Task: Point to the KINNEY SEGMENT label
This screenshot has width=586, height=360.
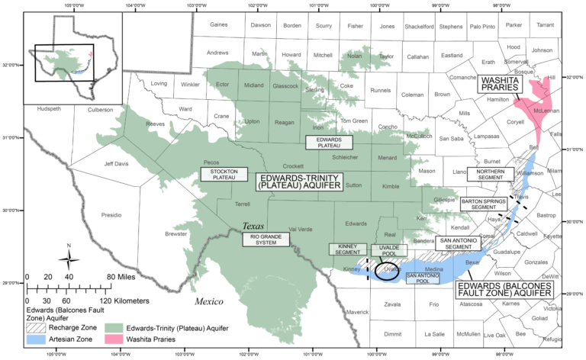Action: click(348, 249)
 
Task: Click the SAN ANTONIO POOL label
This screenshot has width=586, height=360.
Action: click(422, 277)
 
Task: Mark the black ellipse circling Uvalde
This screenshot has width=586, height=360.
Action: click(387, 271)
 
